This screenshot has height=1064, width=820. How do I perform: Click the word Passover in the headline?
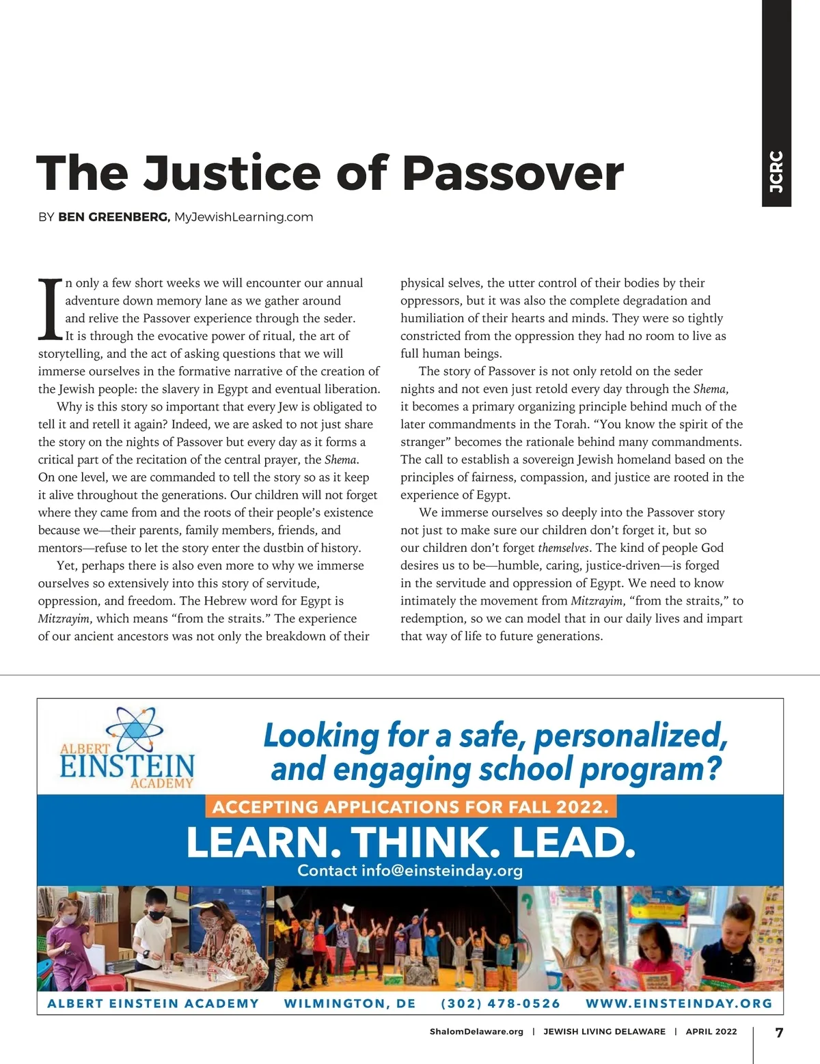pyautogui.click(x=512, y=173)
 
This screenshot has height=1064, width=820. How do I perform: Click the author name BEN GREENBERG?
pyautogui.click(x=113, y=217)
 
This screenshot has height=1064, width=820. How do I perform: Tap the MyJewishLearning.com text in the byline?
pyautogui.click(x=243, y=217)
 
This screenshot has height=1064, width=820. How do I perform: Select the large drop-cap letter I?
pyautogui.click(x=50, y=309)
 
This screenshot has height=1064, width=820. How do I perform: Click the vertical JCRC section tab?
pyautogui.click(x=776, y=171)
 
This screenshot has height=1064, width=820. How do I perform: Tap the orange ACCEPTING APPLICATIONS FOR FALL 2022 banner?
pyautogui.click(x=411, y=807)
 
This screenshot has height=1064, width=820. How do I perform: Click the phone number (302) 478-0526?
pyautogui.click(x=500, y=1003)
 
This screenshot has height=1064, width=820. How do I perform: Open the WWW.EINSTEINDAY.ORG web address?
pyautogui.click(x=679, y=1003)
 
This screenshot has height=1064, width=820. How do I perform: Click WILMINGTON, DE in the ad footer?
pyautogui.click(x=350, y=1003)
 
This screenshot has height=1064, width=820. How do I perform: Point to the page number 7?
pyautogui.click(x=779, y=1032)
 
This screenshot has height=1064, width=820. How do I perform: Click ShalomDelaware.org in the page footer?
pyautogui.click(x=476, y=1031)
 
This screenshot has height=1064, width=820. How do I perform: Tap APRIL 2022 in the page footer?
pyautogui.click(x=711, y=1031)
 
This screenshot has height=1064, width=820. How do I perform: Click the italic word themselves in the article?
pyautogui.click(x=564, y=548)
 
